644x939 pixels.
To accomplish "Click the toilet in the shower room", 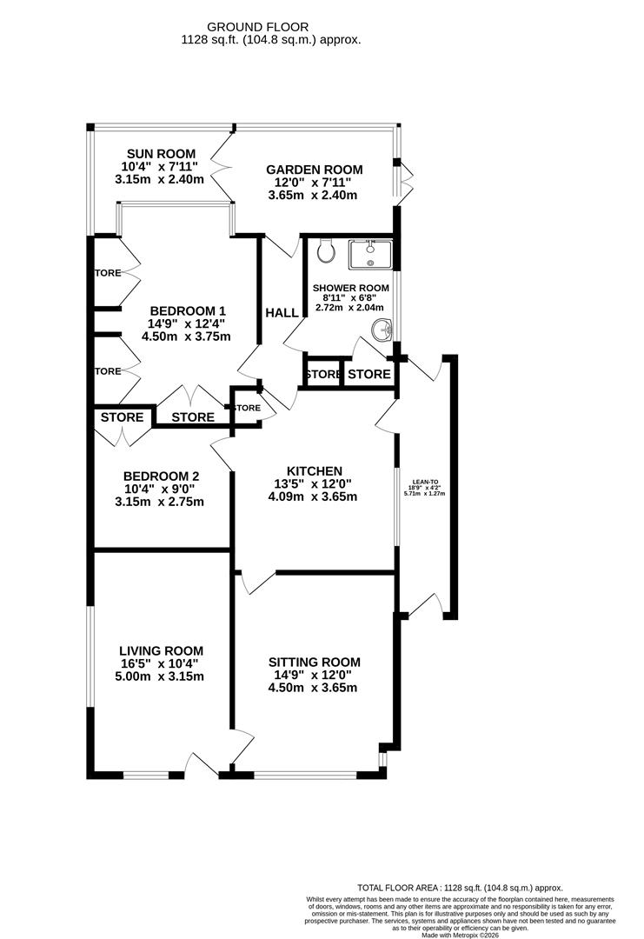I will coord(327,252).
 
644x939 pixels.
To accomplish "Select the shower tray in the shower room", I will coord(371,255).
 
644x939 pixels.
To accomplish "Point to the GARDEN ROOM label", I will coord(315,170).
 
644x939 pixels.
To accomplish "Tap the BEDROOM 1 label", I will coord(188,310).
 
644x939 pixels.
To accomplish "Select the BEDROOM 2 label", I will coord(161,476).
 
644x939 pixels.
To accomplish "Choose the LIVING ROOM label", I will coord(161,650).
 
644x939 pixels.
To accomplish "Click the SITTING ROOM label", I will coord(314,662).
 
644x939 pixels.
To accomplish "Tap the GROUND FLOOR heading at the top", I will coord(270,27).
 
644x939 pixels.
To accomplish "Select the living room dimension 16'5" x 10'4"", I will coord(161,663).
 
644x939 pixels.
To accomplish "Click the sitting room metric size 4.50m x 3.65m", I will coord(314,688).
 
